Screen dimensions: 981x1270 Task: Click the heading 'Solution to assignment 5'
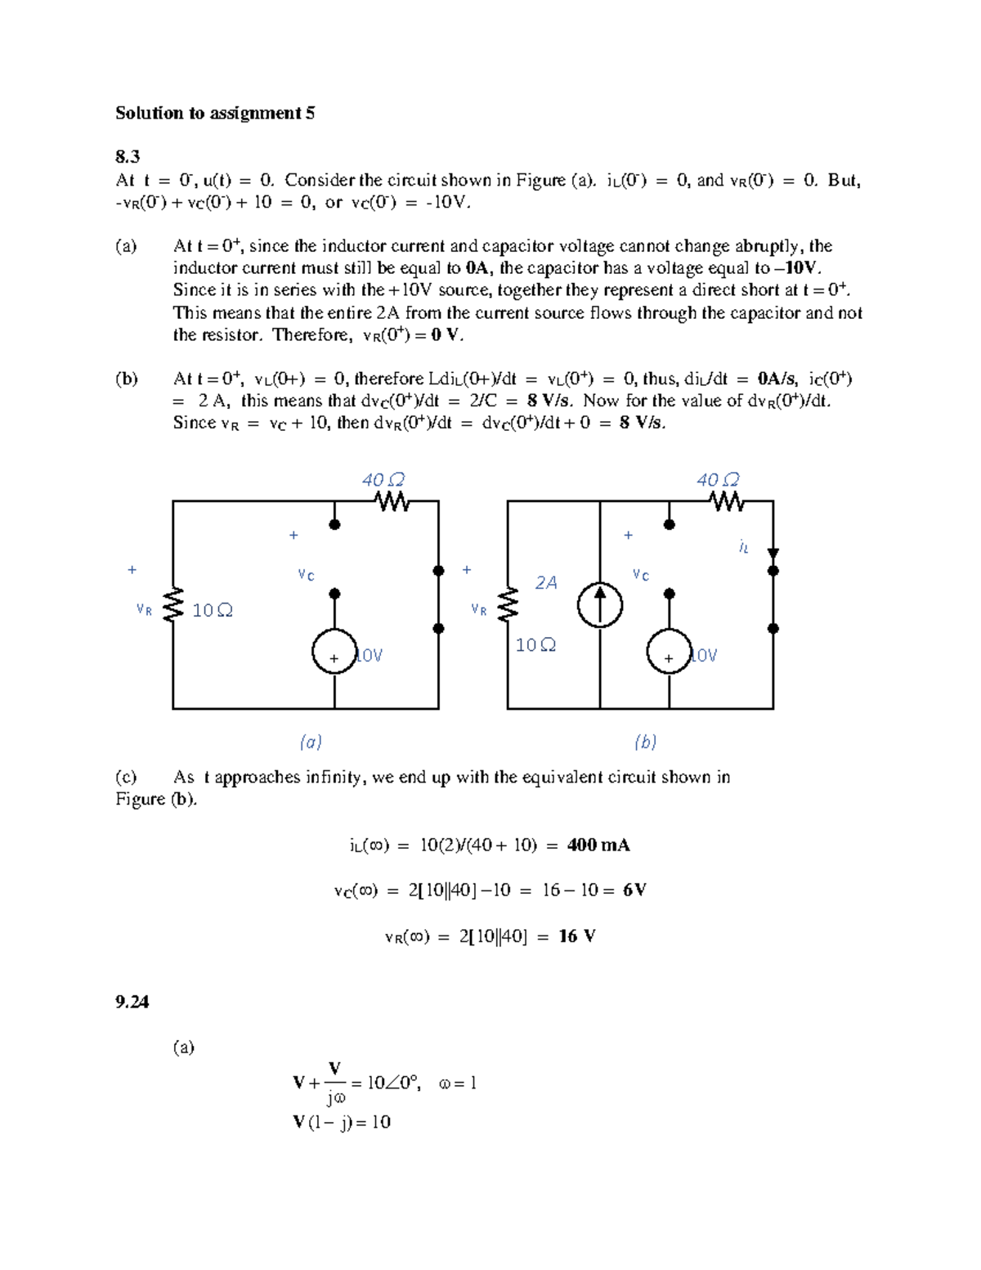(215, 113)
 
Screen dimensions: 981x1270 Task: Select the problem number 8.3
(128, 157)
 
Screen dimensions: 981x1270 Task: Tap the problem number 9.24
(132, 1002)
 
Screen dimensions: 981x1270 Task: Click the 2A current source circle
(600, 606)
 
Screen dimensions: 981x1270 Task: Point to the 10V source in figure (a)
(334, 651)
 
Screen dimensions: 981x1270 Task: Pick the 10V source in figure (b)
(669, 652)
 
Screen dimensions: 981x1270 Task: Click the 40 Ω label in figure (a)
(383, 479)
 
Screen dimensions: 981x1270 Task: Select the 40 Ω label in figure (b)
(718, 479)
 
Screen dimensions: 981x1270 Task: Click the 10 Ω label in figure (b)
(535, 645)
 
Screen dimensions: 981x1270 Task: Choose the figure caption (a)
(311, 742)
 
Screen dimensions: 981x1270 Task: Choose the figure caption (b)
(645, 742)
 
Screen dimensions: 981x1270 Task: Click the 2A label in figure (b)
(546, 582)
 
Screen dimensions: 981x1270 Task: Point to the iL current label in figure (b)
(743, 547)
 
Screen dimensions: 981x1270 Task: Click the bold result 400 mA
(598, 845)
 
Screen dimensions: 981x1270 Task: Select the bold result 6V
(634, 890)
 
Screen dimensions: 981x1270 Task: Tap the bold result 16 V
(577, 936)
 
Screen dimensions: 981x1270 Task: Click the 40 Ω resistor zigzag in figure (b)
(727, 501)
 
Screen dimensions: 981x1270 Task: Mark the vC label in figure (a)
(306, 575)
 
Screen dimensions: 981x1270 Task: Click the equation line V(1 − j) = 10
(342, 1122)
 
